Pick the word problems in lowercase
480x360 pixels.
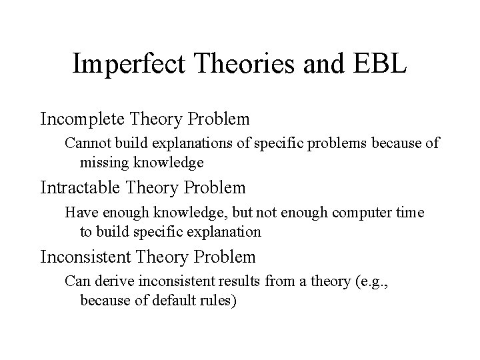(x=333, y=143)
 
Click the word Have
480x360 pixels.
(x=79, y=212)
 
